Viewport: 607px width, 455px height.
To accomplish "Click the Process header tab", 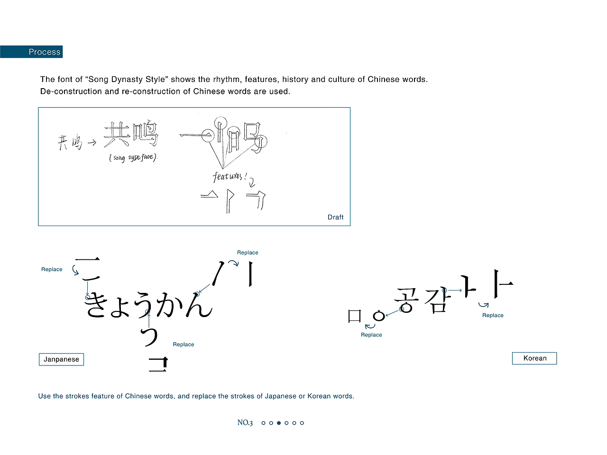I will pos(44,52).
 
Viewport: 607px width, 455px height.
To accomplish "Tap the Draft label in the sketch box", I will pos(335,217).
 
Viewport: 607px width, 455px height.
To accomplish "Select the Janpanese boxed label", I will pos(61,359).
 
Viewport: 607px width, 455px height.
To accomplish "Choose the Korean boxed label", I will pos(534,358).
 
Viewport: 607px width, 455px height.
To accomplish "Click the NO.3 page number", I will pos(245,423).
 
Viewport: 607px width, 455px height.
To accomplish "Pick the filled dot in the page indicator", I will pos(279,423).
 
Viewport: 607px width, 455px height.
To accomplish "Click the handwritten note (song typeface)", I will pos(133,157).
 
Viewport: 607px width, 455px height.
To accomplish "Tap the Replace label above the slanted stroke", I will pos(248,253).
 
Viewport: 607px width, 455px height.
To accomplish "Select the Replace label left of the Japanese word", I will pos(52,269).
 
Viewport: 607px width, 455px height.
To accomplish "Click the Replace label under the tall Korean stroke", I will pos(493,315).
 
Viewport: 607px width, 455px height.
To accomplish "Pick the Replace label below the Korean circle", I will pos(371,335).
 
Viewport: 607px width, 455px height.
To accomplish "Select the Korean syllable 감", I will pos(435,300).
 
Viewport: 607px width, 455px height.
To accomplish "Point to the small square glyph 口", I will pos(355,316).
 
